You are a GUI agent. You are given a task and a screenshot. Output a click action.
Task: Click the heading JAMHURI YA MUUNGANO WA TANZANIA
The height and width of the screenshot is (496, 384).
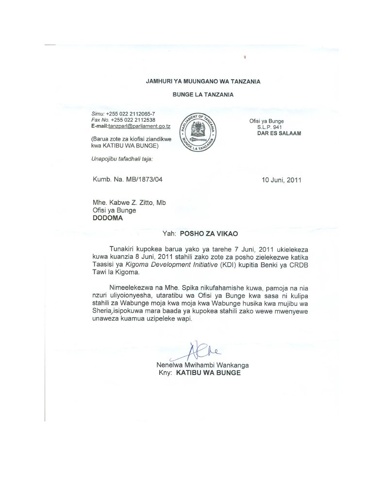[203, 82]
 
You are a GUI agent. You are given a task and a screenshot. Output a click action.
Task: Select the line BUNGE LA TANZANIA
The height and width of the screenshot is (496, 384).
[203, 95]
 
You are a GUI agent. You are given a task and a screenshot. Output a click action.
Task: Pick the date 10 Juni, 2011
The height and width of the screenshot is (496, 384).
[281, 179]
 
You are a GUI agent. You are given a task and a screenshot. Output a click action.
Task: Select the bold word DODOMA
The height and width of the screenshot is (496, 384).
[108, 218]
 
